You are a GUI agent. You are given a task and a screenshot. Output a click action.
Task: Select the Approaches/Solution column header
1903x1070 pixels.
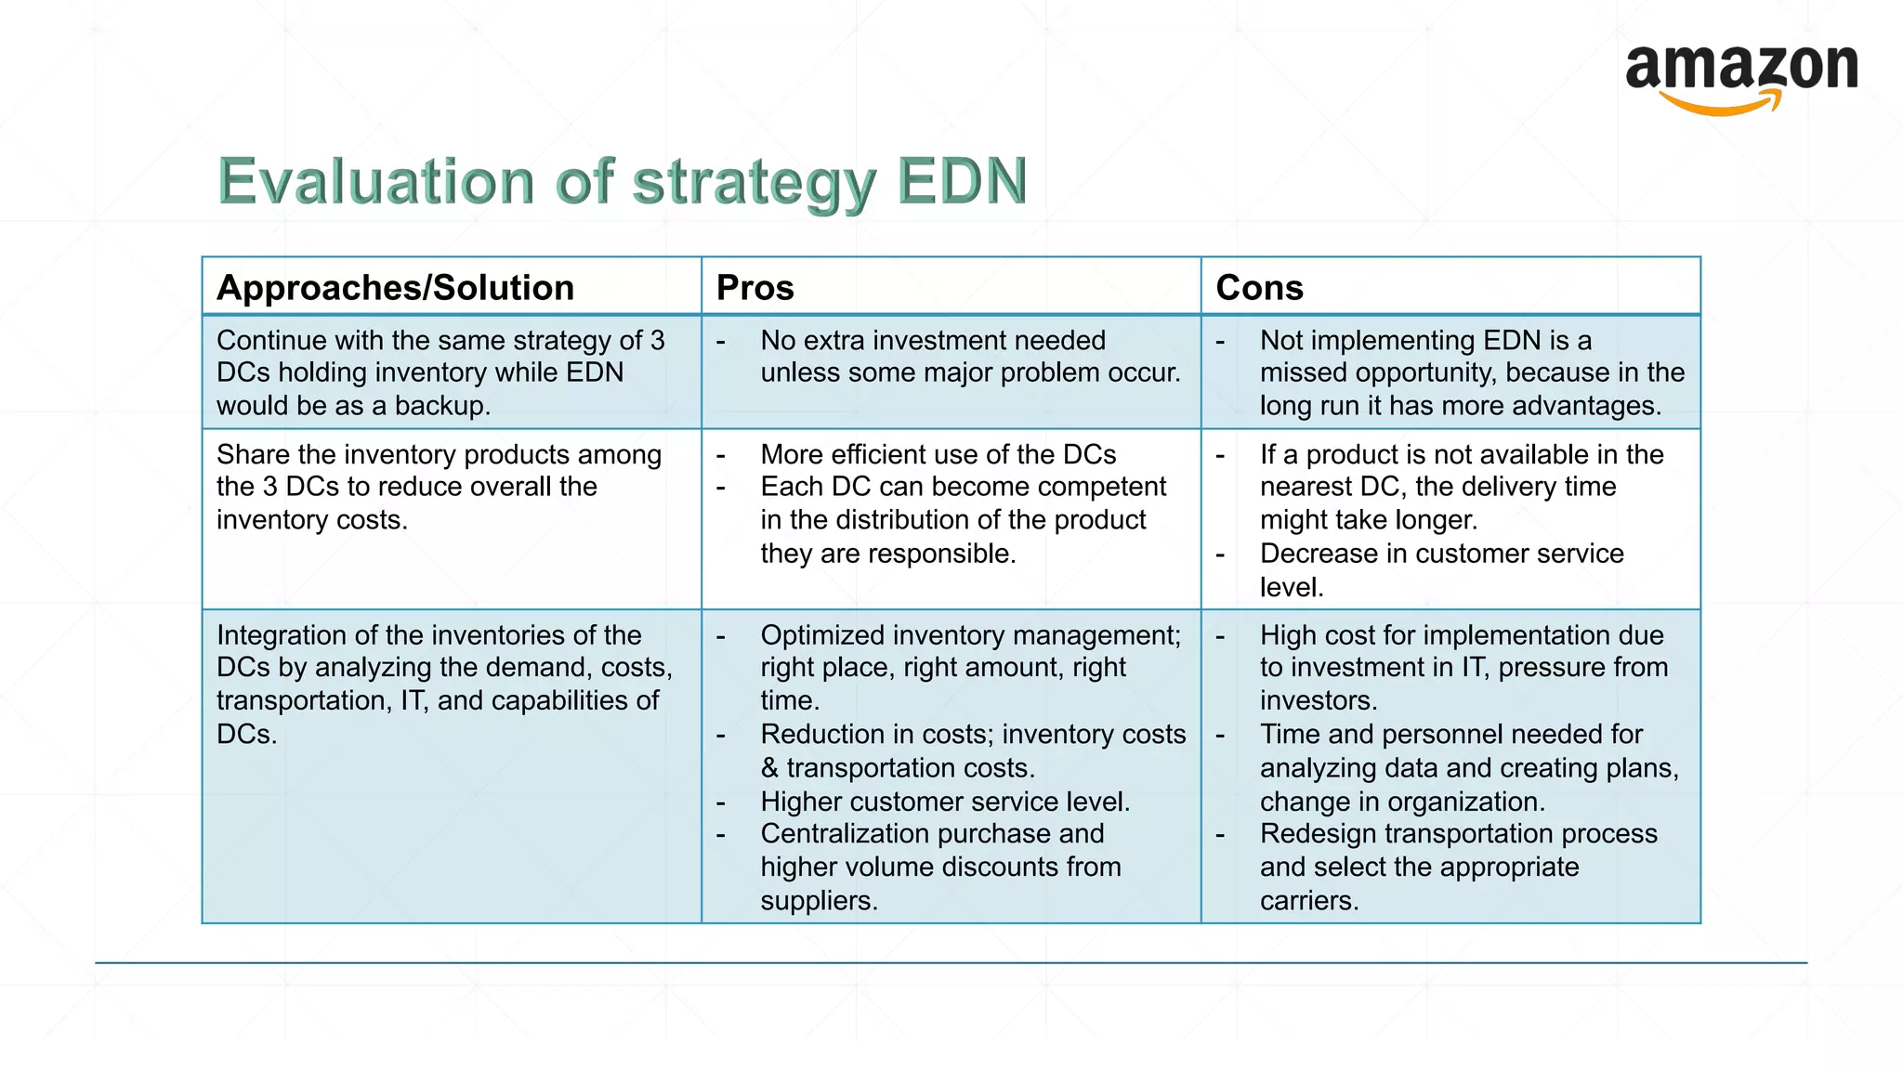(395, 288)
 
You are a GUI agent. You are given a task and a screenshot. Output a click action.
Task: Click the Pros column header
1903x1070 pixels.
(755, 288)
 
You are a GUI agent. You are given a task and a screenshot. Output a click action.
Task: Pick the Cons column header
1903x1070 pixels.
(1259, 288)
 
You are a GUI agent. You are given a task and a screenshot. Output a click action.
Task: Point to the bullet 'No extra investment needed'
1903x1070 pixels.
(933, 341)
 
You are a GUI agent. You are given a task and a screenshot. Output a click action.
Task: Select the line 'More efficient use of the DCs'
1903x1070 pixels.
(938, 454)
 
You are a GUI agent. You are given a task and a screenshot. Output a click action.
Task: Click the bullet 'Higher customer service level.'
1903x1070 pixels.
(945, 802)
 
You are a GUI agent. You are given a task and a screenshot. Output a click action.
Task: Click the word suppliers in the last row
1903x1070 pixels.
(818, 901)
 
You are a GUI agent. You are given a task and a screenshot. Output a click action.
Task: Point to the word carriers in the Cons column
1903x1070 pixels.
(1308, 901)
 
